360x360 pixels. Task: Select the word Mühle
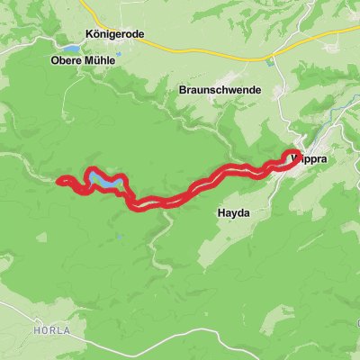101,61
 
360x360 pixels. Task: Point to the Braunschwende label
219,91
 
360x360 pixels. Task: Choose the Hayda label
231,213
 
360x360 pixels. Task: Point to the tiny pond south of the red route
118,237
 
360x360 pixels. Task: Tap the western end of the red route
59,182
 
